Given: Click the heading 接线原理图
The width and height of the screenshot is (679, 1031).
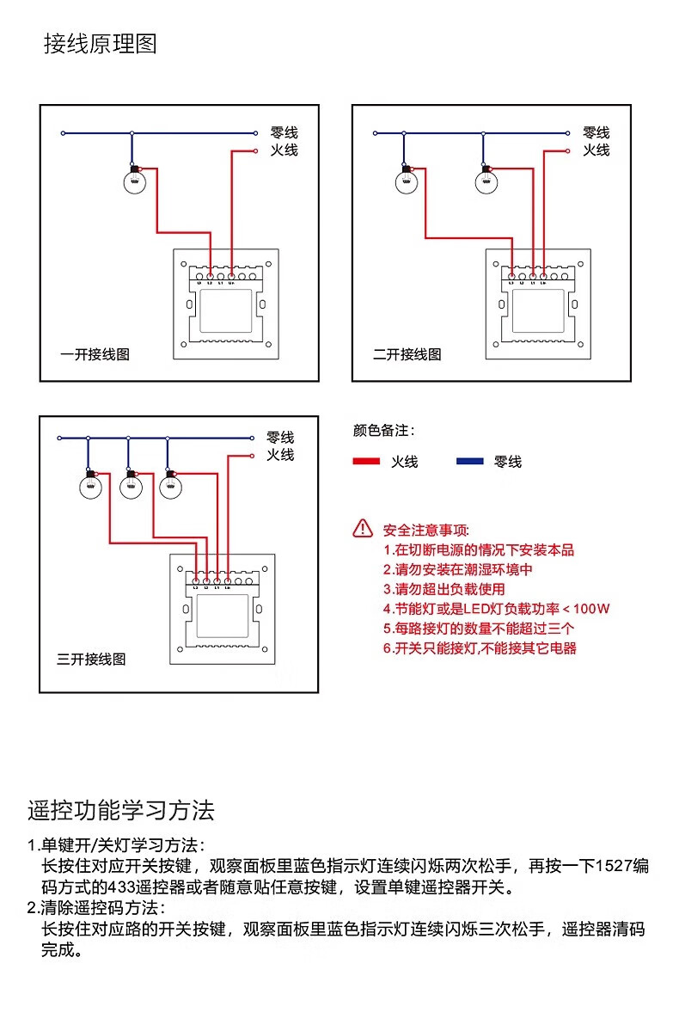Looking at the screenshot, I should coord(101,44).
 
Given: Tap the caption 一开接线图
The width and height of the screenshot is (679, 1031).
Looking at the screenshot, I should coord(95,354).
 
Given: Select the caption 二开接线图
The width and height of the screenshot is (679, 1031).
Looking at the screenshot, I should coord(407,354).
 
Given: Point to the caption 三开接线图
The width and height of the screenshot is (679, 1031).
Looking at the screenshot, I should coord(91,660).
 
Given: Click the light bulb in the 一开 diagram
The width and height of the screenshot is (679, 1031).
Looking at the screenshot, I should coord(133,181).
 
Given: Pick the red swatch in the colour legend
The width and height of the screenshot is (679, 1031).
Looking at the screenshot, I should coord(366,462).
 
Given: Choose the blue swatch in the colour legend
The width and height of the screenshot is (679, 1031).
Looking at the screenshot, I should coord(469,462).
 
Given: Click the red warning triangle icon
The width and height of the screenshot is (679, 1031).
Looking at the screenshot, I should coord(363,529).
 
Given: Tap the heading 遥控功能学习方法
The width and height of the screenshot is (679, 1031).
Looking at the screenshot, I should coord(121,810).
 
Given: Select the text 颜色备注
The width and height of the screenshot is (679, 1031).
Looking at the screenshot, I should coord(383,430).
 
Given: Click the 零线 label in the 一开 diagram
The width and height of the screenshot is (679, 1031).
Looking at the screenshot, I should coord(284,132).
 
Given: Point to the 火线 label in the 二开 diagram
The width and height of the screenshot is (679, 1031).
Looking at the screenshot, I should coord(596,150).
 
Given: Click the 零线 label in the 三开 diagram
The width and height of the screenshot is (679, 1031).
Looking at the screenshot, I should coord(280,438).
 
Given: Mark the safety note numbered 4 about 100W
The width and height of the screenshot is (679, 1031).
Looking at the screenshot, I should coord(497,609).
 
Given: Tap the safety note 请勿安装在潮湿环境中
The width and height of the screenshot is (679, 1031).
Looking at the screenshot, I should coord(458,569).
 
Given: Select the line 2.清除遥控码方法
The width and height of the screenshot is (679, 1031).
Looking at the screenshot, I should coord(95,908).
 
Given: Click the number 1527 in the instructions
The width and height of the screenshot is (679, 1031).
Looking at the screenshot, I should coord(609,866).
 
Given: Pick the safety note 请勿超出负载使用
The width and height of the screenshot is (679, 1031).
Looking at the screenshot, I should coord(444,589).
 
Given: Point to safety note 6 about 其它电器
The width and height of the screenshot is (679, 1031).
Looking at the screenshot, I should coord(480,648).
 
